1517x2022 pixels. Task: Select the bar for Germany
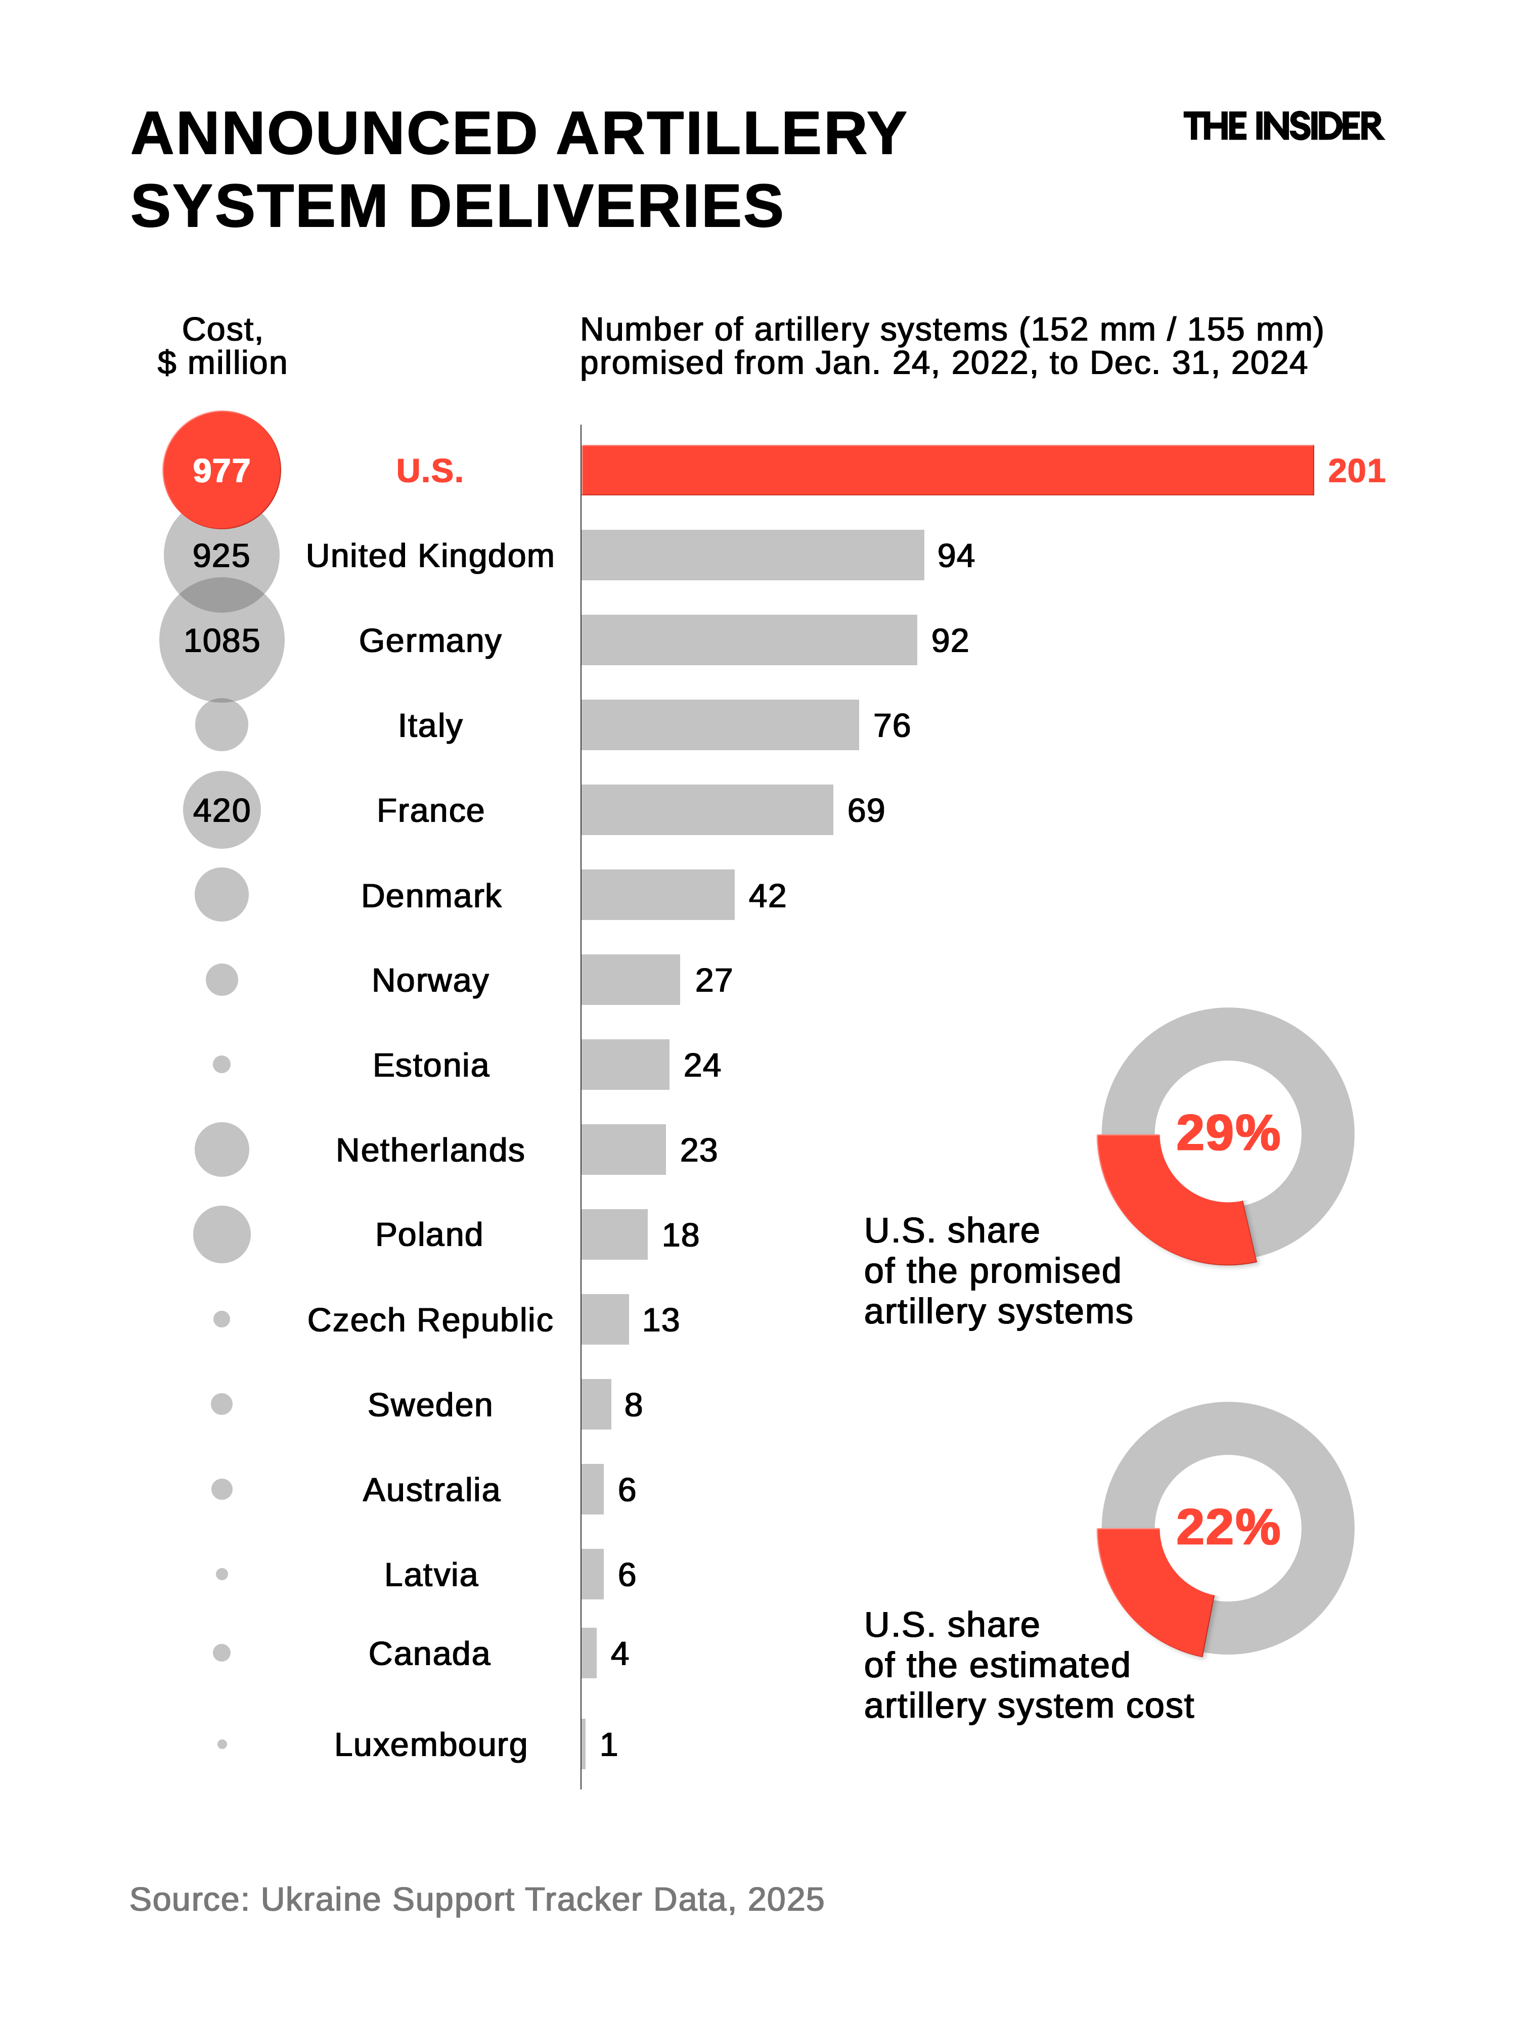(x=748, y=640)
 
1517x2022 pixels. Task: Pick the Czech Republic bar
(x=604, y=1319)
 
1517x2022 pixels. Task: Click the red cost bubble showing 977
(x=221, y=470)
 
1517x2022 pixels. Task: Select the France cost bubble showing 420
(x=221, y=810)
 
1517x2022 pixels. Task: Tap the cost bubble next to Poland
(x=221, y=1234)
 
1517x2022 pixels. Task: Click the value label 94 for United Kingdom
(x=956, y=556)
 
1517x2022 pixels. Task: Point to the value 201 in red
(x=1356, y=471)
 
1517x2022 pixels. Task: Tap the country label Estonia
(x=431, y=1065)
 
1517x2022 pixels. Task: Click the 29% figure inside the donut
(x=1227, y=1133)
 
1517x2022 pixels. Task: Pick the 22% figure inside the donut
(x=1227, y=1528)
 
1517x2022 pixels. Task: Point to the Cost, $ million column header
(x=222, y=346)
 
